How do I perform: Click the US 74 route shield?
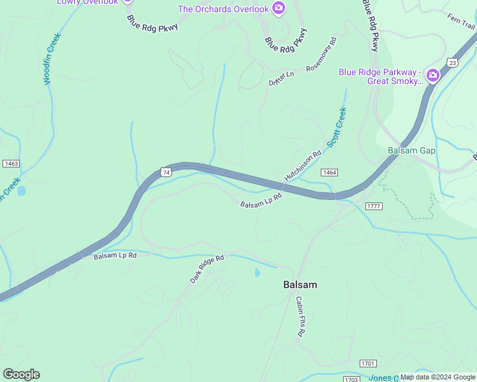point(166,173)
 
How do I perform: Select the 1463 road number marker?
point(11,164)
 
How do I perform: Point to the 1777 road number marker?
point(374,206)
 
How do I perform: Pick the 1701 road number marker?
point(367,363)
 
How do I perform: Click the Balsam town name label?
point(300,285)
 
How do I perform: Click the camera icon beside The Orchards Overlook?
point(279,8)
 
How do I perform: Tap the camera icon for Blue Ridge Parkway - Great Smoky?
point(433,76)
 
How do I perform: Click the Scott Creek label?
point(337,127)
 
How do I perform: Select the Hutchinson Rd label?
point(302,166)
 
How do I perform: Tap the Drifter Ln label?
point(281,78)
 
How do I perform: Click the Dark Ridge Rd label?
point(207,269)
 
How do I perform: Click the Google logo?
point(21,374)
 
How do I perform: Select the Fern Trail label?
point(461,21)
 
